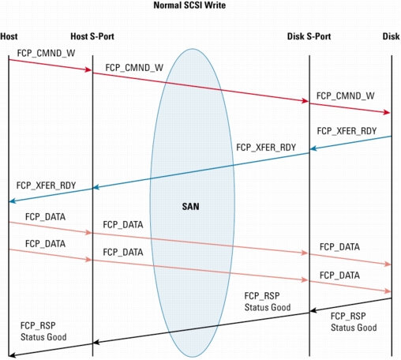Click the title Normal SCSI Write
pyautogui.click(x=189, y=6)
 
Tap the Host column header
pyautogui.click(x=9, y=36)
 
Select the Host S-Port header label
pyautogui.click(x=92, y=36)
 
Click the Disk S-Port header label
pyautogui.click(x=309, y=36)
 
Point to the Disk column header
pyautogui.click(x=391, y=36)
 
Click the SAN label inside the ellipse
pyautogui.click(x=190, y=206)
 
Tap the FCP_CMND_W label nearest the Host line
pyautogui.click(x=46, y=53)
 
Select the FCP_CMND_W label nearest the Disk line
pyautogui.click(x=345, y=96)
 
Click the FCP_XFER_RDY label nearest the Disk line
pyautogui.click(x=347, y=131)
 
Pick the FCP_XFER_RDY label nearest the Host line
pyautogui.click(x=46, y=186)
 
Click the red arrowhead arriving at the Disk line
pyautogui.click(x=386, y=112)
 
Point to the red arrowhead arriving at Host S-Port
pyautogui.click(x=88, y=69)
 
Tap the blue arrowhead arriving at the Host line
pyautogui.click(x=13, y=201)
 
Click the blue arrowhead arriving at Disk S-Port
pyautogui.click(x=313, y=148)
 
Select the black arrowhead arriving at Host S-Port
pyautogui.click(x=96, y=343)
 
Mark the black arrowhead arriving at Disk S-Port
pyautogui.click(x=313, y=310)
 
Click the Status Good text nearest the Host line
pyautogui.click(x=43, y=337)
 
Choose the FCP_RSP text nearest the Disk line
pyautogui.click(x=348, y=316)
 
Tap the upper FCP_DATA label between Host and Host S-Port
pyautogui.click(x=45, y=217)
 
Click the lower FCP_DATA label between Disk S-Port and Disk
pyautogui.click(x=339, y=276)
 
